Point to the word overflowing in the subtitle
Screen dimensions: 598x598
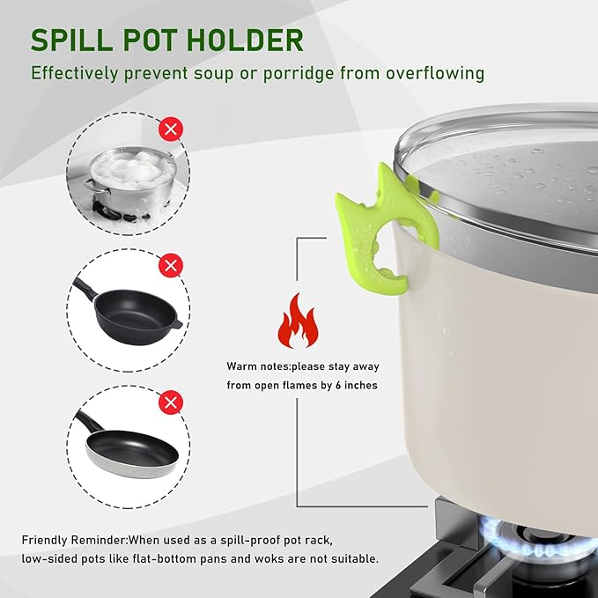(x=435, y=73)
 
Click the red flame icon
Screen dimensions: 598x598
(x=298, y=321)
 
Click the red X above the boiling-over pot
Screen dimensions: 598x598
(x=171, y=129)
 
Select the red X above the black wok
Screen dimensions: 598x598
(x=171, y=265)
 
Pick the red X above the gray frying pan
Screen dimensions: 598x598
(x=171, y=402)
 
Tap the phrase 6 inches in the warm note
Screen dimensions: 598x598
(x=356, y=385)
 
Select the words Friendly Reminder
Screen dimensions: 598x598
(x=74, y=541)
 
